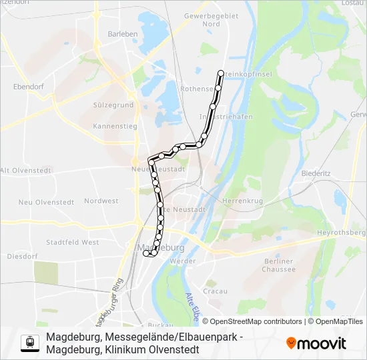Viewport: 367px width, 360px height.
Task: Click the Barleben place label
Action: (123, 34)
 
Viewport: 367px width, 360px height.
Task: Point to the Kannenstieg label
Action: (115, 125)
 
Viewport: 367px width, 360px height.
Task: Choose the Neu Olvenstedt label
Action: (46, 202)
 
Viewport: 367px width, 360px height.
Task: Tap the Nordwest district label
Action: (101, 201)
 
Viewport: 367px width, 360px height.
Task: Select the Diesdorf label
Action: (18, 256)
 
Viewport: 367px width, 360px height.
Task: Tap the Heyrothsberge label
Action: (342, 232)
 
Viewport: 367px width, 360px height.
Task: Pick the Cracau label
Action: (215, 291)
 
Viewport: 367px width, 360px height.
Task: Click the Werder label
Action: (183, 261)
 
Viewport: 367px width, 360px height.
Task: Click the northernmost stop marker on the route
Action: (221, 73)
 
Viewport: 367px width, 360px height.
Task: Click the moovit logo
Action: (316, 343)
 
